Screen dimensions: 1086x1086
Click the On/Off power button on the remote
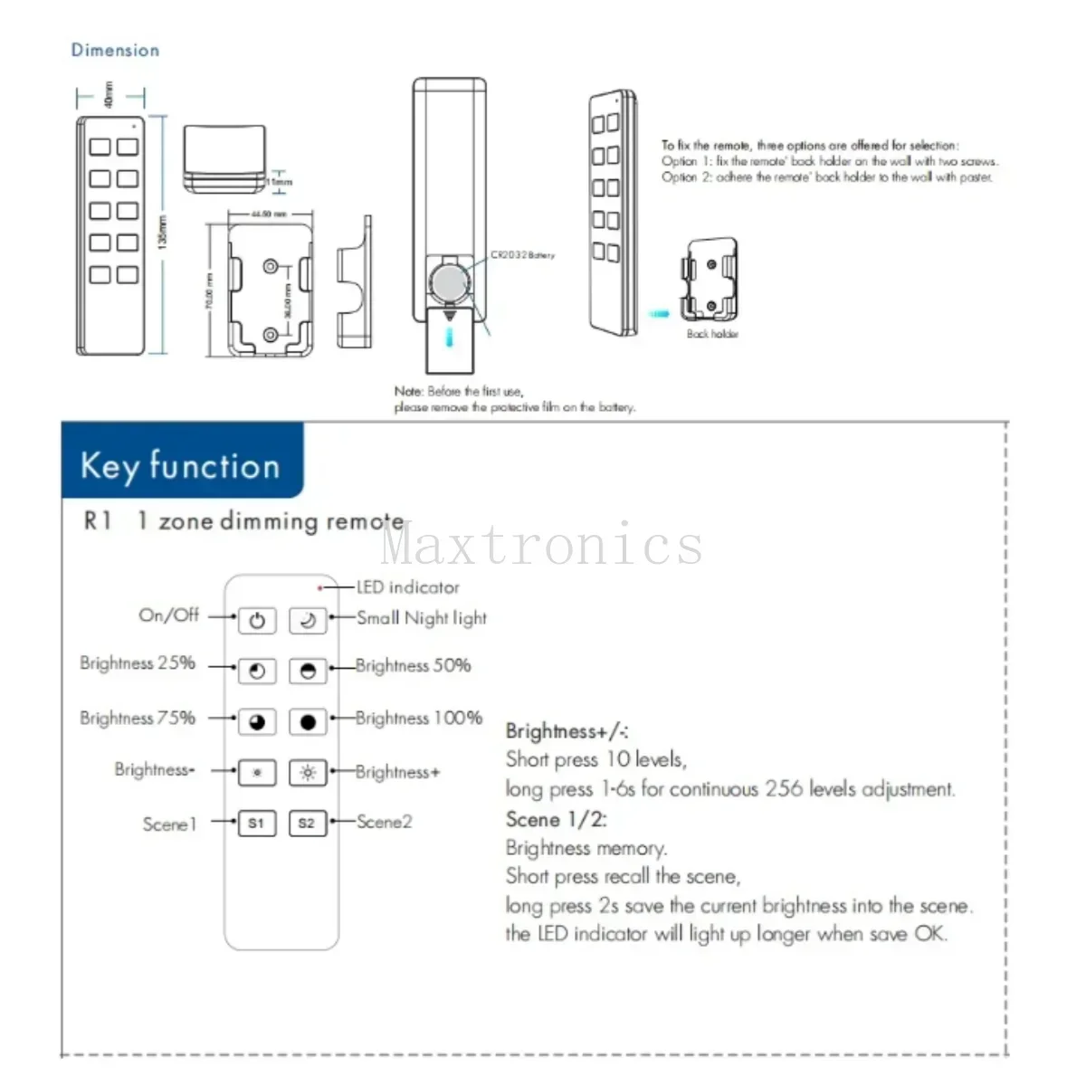257,621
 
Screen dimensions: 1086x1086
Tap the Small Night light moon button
307,621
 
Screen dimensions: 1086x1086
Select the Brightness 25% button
257,671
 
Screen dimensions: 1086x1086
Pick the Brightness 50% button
307,671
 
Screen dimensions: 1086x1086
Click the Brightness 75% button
257,721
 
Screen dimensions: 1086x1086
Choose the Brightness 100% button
307,721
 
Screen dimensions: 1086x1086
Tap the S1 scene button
256,823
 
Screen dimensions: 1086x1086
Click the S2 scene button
307,823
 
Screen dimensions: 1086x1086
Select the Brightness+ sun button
307,772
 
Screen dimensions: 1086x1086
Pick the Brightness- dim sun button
257,772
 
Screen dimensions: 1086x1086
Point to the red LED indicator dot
319,588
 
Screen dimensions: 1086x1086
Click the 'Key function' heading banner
181,465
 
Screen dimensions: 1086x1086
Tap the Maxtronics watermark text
541,545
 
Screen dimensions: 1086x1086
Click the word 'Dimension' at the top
115,51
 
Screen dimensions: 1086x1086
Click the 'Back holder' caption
712,334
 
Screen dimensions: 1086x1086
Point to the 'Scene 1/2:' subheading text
556,819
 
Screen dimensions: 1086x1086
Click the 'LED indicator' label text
407,587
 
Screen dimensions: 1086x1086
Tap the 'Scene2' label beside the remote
384,822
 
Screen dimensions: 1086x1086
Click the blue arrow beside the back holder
660,314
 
